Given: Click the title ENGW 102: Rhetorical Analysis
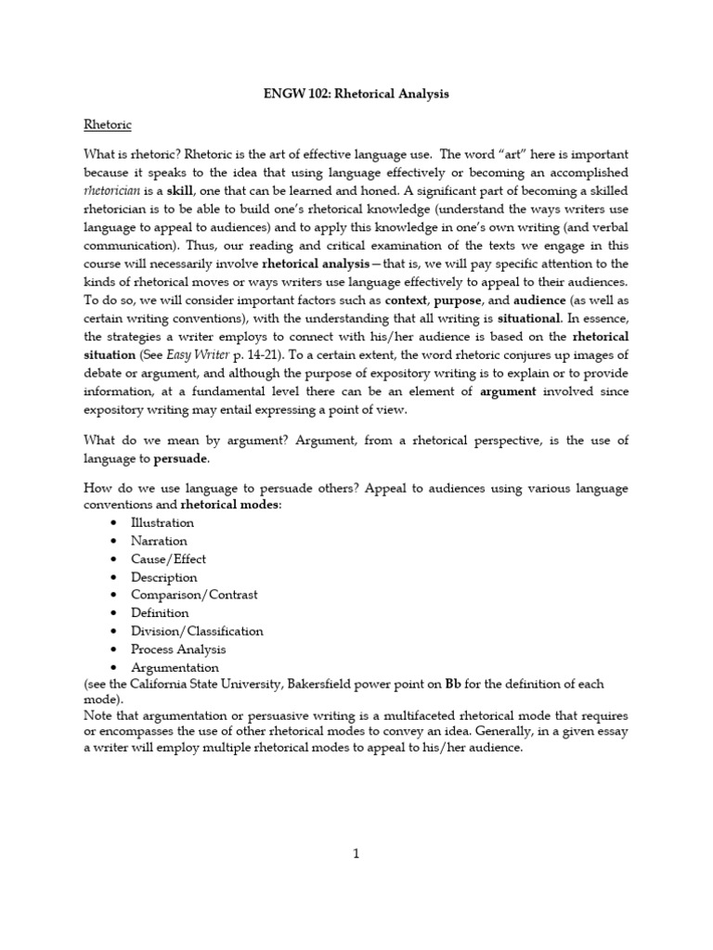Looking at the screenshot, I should click(x=356, y=95).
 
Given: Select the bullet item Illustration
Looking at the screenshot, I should click(x=162, y=522).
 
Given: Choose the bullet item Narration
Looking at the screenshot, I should click(x=159, y=541).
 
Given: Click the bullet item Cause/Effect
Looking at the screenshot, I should click(x=168, y=558).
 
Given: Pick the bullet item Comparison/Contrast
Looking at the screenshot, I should click(x=194, y=595).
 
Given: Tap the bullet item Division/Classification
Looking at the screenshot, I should click(x=197, y=631).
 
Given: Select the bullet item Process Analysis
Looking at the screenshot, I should click(x=178, y=648).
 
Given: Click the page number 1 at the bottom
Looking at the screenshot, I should click(x=356, y=855).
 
